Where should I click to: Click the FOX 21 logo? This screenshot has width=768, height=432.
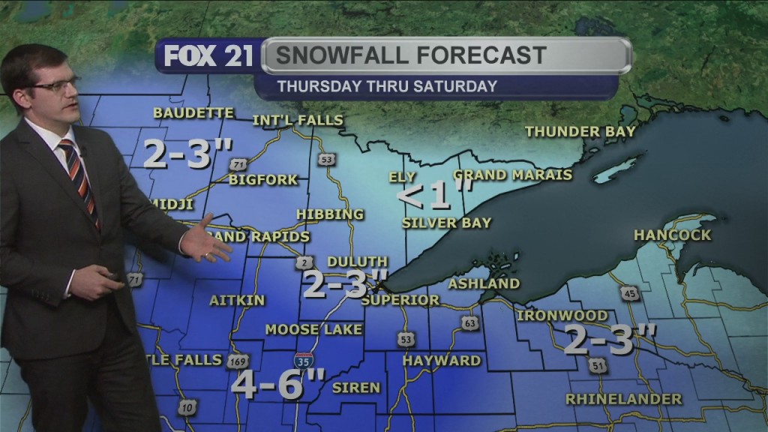point(208,57)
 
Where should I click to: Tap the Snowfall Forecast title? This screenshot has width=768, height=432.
point(410,55)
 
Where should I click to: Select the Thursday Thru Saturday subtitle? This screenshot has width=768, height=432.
point(387,86)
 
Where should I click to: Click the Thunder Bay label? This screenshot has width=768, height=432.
point(580,132)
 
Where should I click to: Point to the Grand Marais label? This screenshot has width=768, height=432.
point(513,175)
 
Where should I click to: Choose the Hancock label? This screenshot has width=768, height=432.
point(672,235)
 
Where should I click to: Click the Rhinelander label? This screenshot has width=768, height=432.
point(624,399)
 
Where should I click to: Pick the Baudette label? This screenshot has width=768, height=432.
point(193,113)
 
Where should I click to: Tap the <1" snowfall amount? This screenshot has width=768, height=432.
point(435,196)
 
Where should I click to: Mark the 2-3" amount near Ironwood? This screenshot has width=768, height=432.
point(609,340)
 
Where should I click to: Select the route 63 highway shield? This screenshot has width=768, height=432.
point(470,323)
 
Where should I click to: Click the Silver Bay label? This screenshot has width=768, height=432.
point(446,223)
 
